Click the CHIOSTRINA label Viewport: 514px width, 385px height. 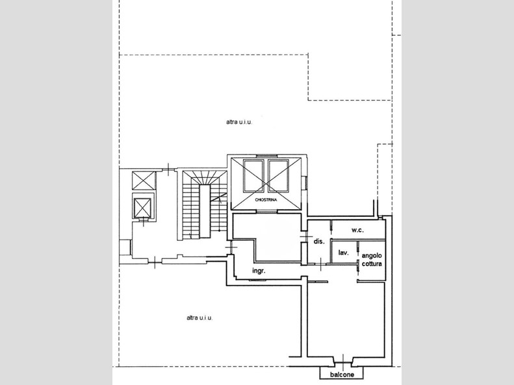click(266, 200)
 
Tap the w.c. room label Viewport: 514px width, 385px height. click(357, 230)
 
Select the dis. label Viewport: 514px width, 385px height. click(319, 242)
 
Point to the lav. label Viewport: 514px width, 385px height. click(343, 253)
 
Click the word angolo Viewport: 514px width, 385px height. click(372, 256)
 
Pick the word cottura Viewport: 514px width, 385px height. click(372, 264)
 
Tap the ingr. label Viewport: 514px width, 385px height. click(259, 271)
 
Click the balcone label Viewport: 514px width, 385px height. click(342, 375)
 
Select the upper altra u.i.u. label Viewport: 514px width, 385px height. click(239, 122)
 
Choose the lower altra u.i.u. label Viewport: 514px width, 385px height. click(199, 318)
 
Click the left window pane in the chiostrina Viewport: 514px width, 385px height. click(253, 176)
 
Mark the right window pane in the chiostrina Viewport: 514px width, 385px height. click(278, 176)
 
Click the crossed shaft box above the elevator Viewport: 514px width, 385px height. click(144, 180)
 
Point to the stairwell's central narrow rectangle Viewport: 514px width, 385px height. click(205, 211)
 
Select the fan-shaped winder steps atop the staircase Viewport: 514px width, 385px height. click(205, 177)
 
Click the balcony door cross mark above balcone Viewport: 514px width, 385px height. click(343, 361)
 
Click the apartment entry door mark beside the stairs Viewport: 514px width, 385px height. click(231, 247)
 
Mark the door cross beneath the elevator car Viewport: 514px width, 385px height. click(144, 221)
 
